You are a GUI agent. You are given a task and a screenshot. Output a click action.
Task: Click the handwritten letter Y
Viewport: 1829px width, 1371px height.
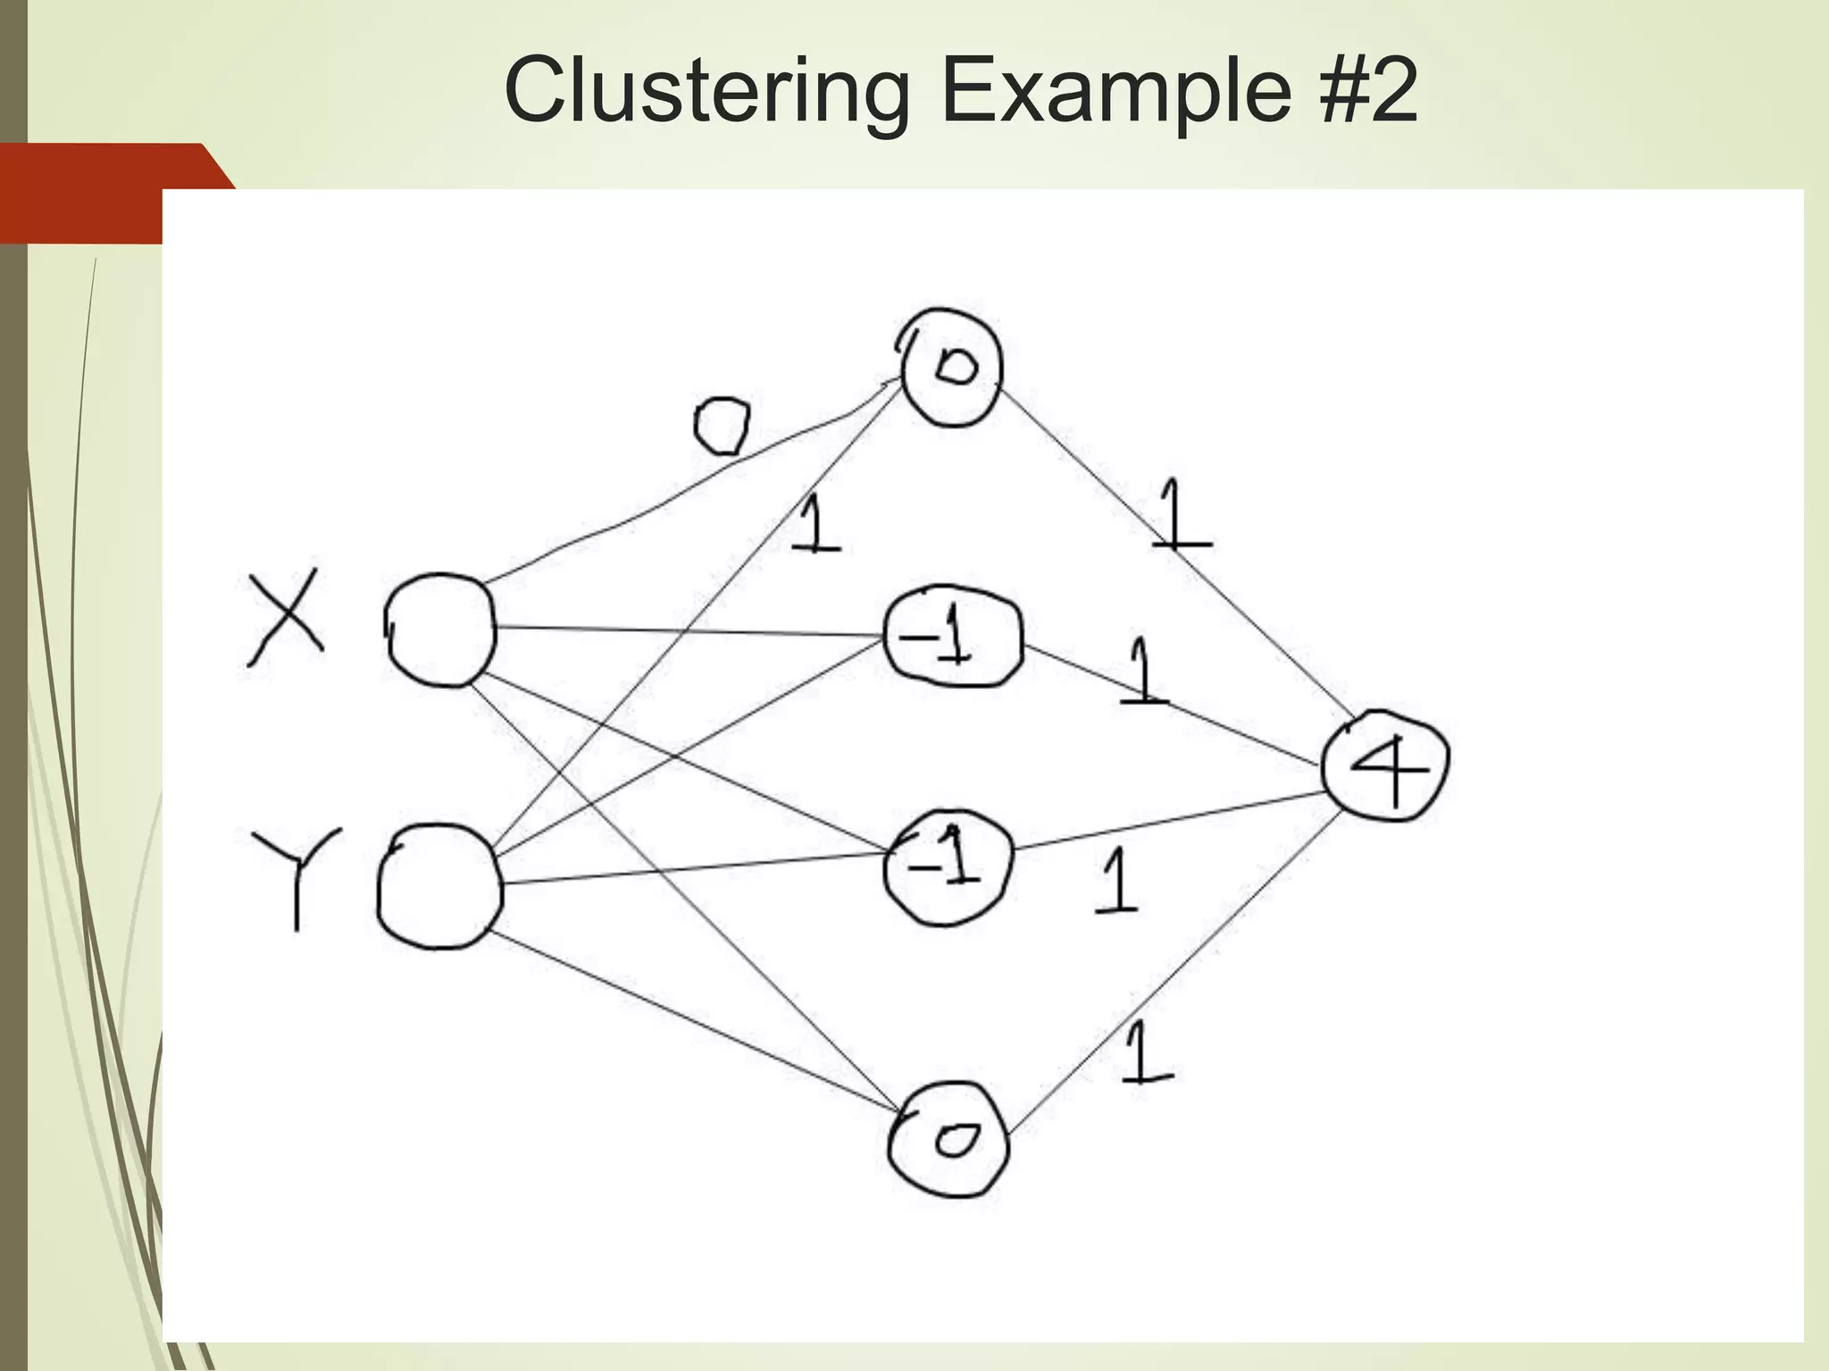point(296,875)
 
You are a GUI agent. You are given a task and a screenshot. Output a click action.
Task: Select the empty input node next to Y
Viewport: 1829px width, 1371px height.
point(438,885)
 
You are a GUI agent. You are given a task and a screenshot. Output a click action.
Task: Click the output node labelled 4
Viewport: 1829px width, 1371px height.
point(1385,766)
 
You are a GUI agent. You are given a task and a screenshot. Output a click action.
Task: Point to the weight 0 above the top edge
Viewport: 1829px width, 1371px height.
point(722,427)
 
